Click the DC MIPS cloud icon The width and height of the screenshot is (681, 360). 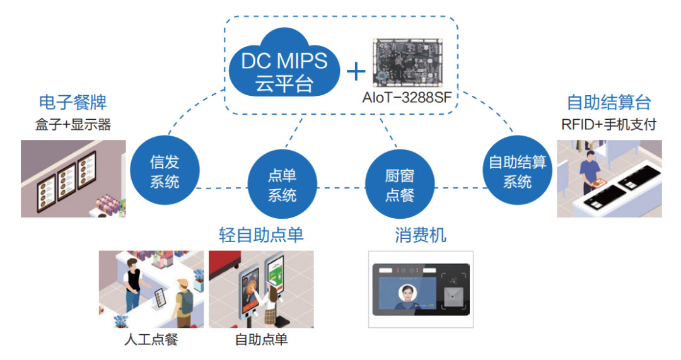tap(284, 67)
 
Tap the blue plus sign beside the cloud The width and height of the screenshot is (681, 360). tap(356, 71)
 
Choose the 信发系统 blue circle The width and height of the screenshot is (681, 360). tap(165, 172)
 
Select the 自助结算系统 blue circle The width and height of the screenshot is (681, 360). tap(517, 172)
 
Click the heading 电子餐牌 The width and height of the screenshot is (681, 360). tap(73, 102)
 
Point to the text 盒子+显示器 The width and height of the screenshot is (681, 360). tap(73, 124)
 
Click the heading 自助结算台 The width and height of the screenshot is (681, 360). tap(608, 102)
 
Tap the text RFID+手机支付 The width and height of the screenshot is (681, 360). tap(608, 124)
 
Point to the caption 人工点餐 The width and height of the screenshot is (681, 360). tap(151, 340)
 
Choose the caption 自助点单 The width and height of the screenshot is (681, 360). tap(261, 340)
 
